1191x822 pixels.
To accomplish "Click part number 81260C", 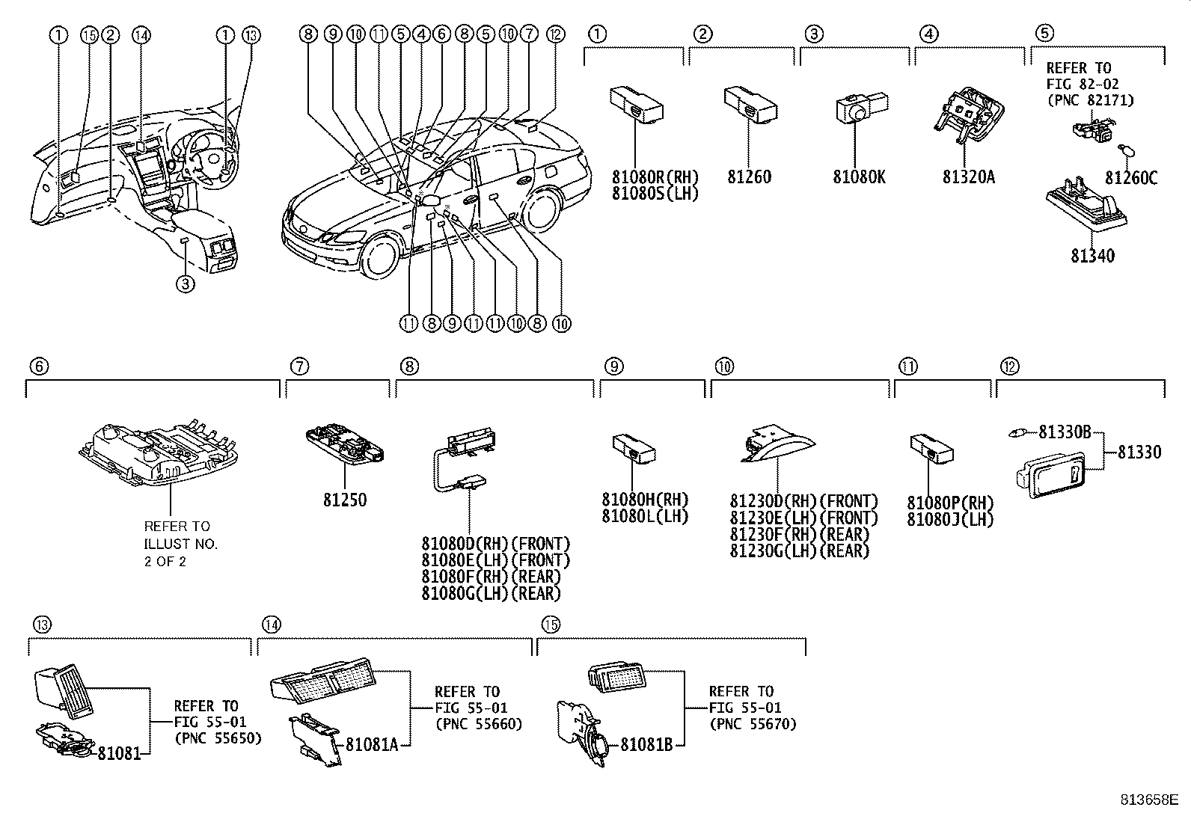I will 1131,177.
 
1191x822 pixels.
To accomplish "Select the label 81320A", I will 969,177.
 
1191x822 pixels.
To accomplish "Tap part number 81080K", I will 859,177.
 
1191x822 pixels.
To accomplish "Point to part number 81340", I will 1092,256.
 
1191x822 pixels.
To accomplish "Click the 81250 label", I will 345,500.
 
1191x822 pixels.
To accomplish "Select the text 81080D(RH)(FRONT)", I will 495,544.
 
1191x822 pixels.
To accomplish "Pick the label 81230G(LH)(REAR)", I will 800,551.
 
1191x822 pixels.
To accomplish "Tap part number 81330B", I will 1065,432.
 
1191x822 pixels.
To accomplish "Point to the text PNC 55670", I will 753,724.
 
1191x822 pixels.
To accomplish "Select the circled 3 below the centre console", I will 186,283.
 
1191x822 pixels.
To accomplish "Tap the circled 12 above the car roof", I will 554,34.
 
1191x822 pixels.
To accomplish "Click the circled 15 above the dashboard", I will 89,34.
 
